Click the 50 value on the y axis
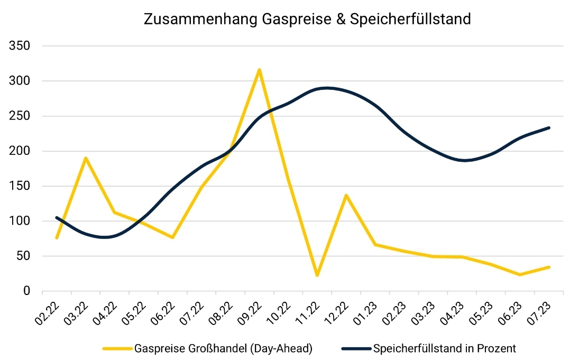pyautogui.click(x=22, y=256)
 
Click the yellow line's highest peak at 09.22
pyautogui.click(x=259, y=70)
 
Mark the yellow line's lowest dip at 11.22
pyautogui.click(x=317, y=275)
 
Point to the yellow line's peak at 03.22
pyautogui.click(x=86, y=158)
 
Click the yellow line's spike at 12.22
pyautogui.click(x=346, y=196)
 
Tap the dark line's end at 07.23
pyautogui.click(x=549, y=127)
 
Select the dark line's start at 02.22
pyautogui.click(x=57, y=218)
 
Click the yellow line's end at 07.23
pyautogui.click(x=549, y=267)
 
